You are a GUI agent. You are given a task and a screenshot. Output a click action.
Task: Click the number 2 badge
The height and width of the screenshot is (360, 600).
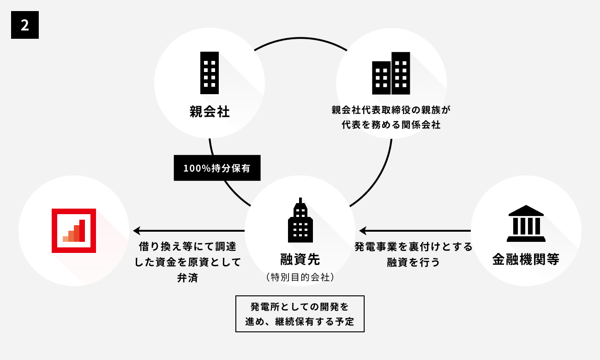click(x=25, y=25)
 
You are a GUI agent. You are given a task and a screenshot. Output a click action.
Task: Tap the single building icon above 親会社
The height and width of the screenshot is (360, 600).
click(x=210, y=72)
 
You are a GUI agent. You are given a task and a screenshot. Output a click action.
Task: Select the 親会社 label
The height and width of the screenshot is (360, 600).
click(x=210, y=112)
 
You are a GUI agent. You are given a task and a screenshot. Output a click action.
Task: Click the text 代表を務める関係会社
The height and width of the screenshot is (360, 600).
click(x=391, y=125)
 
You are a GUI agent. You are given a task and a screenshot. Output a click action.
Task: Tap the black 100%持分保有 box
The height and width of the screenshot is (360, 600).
click(x=217, y=168)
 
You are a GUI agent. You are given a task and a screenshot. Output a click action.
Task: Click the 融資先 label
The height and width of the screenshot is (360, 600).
click(x=300, y=259)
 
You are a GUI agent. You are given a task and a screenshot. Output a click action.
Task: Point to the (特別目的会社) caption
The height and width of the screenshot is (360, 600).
click(x=300, y=277)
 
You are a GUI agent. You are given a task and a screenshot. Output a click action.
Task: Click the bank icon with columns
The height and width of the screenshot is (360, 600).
click(x=526, y=223)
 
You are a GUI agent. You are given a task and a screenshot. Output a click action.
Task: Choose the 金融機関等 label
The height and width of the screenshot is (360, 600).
click(x=526, y=259)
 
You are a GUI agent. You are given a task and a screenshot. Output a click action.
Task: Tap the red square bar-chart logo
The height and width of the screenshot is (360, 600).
click(x=74, y=231)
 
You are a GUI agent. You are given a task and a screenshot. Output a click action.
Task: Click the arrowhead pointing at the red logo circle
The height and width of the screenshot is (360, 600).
click(x=137, y=230)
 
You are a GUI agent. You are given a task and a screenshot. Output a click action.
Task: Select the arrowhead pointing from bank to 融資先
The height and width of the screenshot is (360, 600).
click(x=363, y=230)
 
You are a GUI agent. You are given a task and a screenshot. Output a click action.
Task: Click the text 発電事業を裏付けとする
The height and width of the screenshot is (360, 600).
click(x=414, y=247)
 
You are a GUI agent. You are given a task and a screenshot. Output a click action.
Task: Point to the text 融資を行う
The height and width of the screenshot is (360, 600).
click(x=414, y=262)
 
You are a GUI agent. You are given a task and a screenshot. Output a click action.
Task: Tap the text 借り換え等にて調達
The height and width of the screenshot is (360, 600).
click(x=187, y=247)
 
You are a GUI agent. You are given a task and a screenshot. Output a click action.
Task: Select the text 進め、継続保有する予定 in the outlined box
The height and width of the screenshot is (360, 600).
click(x=300, y=322)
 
